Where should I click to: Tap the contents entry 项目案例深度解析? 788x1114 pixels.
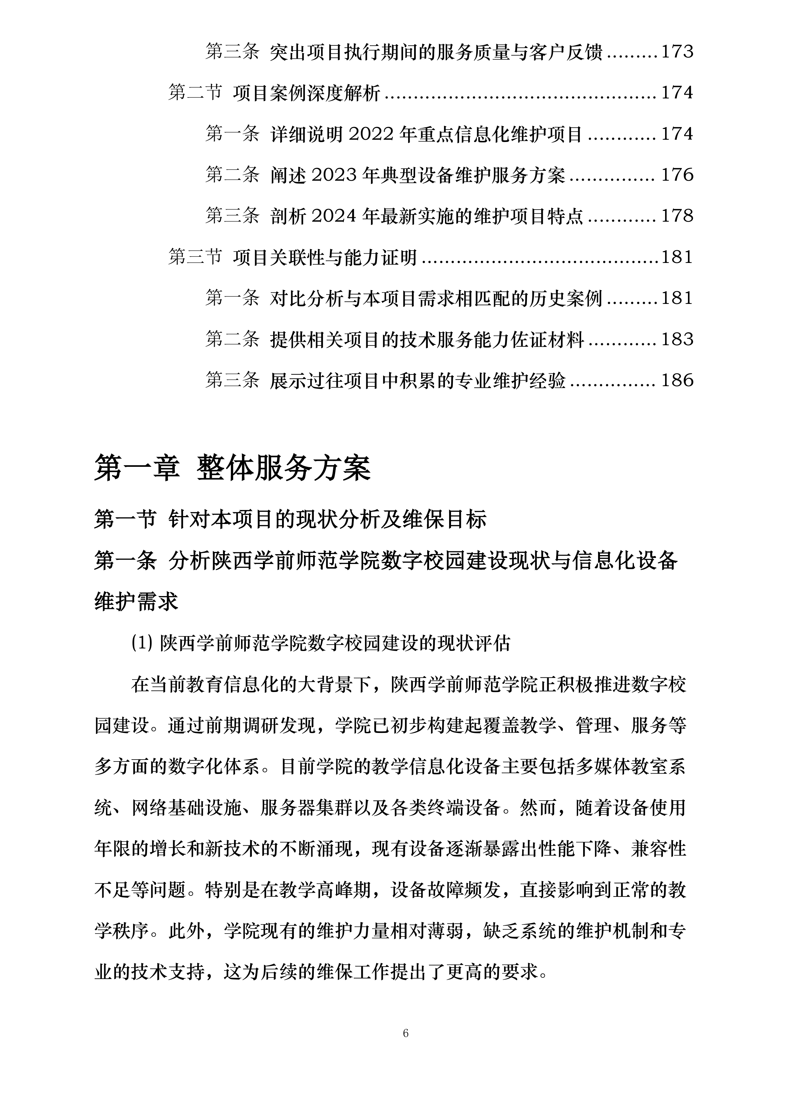coord(306,93)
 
